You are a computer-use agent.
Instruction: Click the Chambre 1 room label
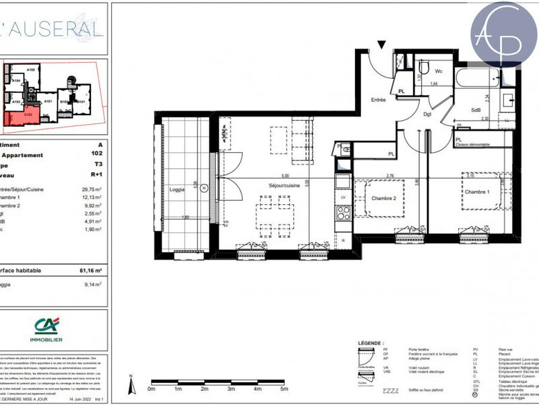coord(476,193)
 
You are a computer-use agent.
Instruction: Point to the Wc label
coord(438,71)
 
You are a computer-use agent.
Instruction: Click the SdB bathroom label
coord(475,110)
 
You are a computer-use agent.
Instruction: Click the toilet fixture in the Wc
coord(424,67)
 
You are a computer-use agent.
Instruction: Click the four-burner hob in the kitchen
coord(344,213)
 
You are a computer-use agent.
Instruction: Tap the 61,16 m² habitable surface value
coord(90,270)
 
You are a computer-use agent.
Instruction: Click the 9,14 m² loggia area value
coord(93,285)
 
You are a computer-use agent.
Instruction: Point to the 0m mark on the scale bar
coord(152,390)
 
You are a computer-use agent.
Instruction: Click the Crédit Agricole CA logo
coord(49,326)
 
